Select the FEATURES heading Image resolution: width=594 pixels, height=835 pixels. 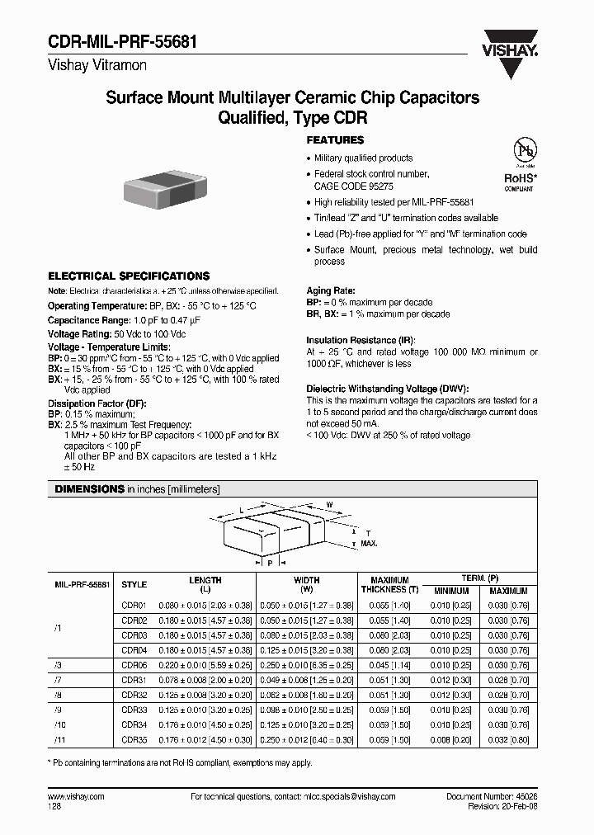point(335,140)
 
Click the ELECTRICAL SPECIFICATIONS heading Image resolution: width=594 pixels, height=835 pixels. point(128,276)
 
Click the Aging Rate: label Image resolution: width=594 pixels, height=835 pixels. point(331,291)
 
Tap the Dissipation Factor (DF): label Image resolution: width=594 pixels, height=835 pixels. point(90,404)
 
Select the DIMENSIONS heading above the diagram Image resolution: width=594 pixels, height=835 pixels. point(89,489)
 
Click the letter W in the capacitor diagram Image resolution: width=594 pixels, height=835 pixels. point(329,504)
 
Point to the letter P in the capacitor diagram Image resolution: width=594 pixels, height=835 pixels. point(270,563)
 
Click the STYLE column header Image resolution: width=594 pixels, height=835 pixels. point(134,584)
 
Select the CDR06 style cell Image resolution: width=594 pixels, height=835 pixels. point(134,665)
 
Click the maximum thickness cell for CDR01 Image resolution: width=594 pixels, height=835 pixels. point(389,605)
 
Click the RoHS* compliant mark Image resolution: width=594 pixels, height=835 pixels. point(521,180)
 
